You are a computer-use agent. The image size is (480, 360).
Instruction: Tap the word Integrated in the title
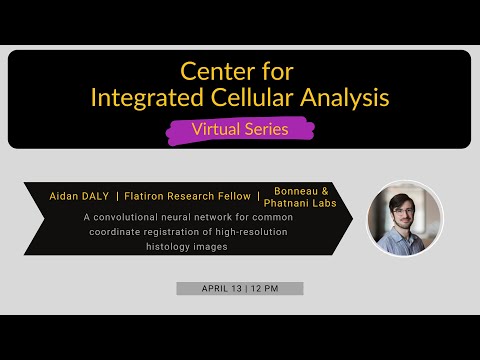tap(143, 98)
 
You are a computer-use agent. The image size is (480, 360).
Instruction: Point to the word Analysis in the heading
tap(346, 98)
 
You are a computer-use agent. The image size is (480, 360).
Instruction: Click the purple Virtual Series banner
tap(239, 129)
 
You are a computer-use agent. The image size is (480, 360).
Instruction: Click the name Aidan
tap(66, 196)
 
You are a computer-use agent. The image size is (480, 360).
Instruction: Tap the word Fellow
tap(239, 196)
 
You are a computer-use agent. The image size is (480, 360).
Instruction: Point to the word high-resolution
tap(254, 232)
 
